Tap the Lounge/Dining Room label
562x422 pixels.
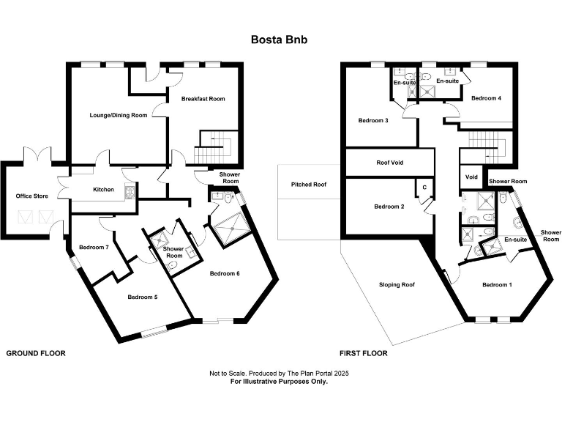(x=119, y=115)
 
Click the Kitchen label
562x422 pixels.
(x=104, y=190)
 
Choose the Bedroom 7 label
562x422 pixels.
(x=94, y=247)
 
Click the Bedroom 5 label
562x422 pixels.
(x=142, y=297)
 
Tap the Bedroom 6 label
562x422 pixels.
(x=225, y=273)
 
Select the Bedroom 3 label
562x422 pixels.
(x=373, y=121)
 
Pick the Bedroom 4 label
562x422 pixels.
(x=486, y=98)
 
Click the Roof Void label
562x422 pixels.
(x=390, y=163)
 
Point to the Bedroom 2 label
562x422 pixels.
(x=389, y=207)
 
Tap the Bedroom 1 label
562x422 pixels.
(x=497, y=284)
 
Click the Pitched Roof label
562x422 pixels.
(x=309, y=185)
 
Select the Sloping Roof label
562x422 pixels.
(x=397, y=285)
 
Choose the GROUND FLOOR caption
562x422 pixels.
(x=36, y=353)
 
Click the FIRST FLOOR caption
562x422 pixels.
(x=364, y=353)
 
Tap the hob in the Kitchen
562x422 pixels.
(x=130, y=193)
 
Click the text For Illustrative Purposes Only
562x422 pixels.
(x=279, y=382)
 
